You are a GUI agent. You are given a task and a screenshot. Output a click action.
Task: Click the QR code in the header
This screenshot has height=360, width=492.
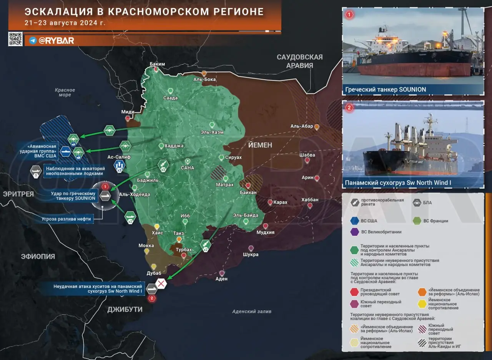point(15,39)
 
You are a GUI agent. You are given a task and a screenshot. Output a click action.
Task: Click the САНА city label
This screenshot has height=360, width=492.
point(188,168)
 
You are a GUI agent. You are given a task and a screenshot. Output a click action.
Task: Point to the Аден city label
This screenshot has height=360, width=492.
point(221,279)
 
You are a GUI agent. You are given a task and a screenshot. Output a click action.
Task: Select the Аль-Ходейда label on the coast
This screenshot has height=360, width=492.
point(135,195)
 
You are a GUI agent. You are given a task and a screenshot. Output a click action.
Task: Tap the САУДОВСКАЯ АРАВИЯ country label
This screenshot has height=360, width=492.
point(300,61)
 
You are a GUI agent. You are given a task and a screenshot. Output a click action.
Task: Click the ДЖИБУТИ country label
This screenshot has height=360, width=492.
point(125,309)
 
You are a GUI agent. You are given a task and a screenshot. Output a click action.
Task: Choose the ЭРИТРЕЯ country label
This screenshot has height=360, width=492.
point(18,194)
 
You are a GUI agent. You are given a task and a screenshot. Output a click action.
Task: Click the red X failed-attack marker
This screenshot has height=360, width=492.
point(161,284)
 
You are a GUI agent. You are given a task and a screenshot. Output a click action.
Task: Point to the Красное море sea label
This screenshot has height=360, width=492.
point(65,92)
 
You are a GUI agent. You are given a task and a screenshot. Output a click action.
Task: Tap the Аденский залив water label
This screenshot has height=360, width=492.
point(252,312)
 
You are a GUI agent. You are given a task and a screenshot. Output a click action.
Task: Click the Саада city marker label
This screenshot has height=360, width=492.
point(170,98)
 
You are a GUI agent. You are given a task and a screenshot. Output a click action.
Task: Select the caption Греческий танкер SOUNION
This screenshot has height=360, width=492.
point(386,90)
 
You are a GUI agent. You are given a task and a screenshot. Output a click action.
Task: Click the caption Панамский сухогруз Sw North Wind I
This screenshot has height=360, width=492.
point(398,183)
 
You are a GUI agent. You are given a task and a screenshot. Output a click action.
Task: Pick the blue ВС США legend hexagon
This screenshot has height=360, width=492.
point(354,221)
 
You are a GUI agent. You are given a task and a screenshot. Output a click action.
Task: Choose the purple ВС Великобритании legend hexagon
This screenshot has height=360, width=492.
point(354,232)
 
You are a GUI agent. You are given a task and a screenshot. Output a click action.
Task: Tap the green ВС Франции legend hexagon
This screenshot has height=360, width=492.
point(417,221)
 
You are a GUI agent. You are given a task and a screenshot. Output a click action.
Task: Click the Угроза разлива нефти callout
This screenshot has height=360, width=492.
point(66,219)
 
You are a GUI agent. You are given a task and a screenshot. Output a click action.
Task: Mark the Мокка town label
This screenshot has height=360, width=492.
point(146,245)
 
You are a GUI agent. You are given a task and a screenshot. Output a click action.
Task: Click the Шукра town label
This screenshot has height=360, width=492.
point(251,254)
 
